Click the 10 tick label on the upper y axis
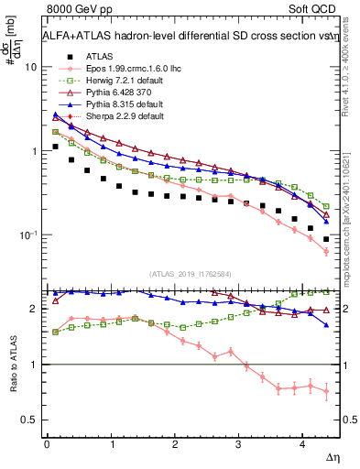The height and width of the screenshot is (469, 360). tap(30, 68)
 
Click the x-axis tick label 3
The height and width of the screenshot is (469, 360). tap(240, 443)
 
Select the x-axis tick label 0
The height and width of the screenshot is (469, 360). tap(47, 443)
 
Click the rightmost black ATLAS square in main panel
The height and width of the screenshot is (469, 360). tap(326, 239)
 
